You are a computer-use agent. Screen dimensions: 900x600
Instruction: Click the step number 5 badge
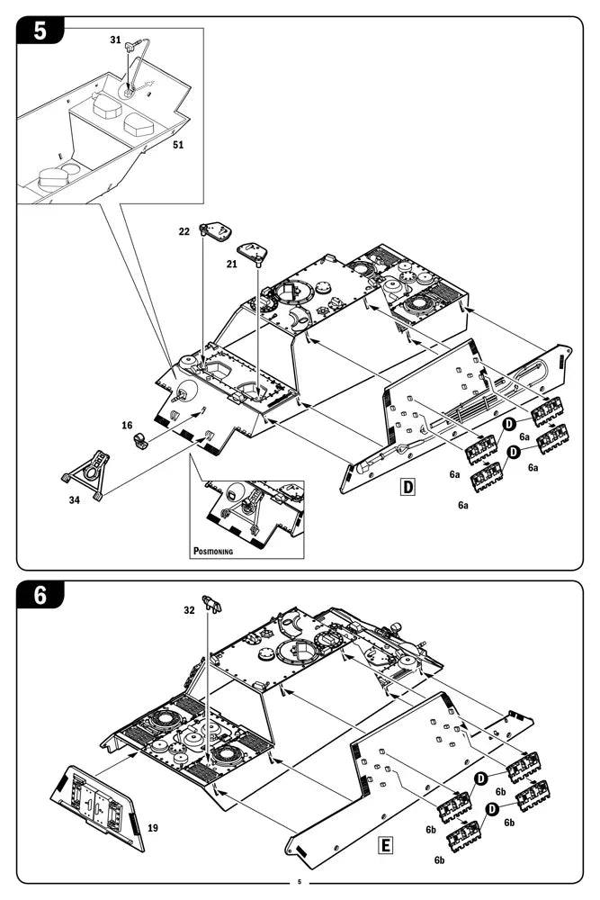click(40, 31)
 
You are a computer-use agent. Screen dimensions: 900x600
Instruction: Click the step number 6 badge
click(40, 595)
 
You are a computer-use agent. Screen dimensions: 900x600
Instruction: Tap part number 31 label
click(115, 40)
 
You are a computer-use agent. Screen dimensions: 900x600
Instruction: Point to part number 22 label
click(184, 231)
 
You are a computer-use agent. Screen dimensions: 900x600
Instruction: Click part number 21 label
click(232, 264)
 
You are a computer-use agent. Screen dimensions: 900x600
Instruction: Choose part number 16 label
click(127, 425)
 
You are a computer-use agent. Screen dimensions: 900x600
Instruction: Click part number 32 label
click(189, 609)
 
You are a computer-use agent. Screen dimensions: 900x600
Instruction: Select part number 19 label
click(153, 827)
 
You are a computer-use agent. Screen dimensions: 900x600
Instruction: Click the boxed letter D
click(408, 487)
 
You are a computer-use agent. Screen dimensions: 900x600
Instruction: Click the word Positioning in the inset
click(213, 550)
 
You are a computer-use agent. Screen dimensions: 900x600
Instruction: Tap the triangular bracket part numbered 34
click(88, 471)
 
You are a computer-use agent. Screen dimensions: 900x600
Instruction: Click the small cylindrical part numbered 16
click(141, 441)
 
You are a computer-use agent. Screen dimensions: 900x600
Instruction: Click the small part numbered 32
click(211, 602)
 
